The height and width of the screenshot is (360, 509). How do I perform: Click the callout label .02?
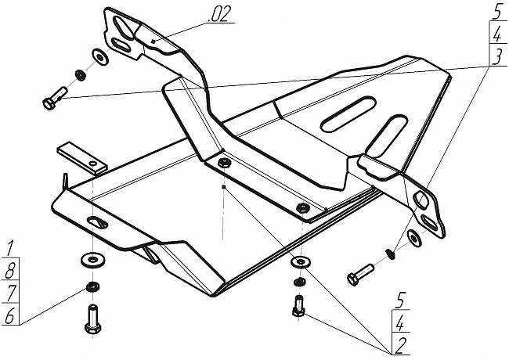(219, 14)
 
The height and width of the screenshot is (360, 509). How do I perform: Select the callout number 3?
(496, 57)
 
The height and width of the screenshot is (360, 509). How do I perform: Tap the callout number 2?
(399, 347)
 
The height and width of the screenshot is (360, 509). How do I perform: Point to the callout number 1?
(9, 248)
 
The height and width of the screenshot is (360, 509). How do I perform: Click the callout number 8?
(9, 270)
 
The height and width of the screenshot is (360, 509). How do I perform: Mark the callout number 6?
(9, 315)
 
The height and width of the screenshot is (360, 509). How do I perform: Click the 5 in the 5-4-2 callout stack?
(400, 301)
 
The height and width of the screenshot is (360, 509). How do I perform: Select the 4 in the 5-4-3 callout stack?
(496, 34)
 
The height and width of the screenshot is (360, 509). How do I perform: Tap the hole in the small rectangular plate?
(94, 164)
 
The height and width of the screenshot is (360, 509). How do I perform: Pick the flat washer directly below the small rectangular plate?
(93, 260)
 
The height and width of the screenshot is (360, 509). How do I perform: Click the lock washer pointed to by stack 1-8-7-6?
(93, 286)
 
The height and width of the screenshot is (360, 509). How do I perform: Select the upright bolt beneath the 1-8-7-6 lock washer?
(92, 319)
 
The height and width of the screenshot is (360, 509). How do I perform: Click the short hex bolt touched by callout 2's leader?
(298, 307)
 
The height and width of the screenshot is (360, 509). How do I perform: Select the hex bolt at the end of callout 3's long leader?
(55, 99)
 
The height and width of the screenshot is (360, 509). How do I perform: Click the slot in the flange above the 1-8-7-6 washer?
(97, 223)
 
